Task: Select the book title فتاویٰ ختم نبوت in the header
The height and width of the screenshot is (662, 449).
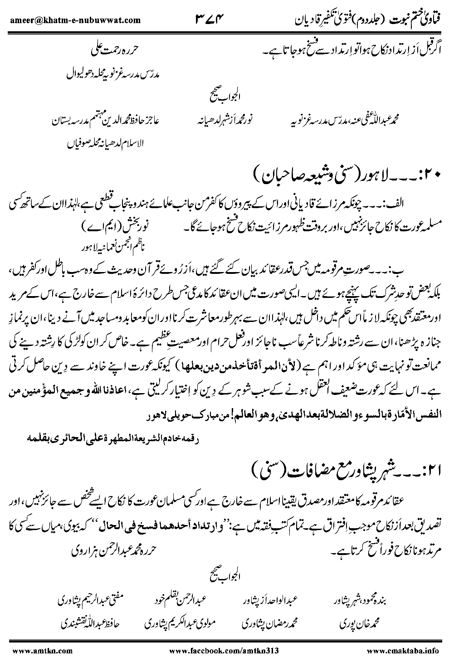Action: tap(410, 20)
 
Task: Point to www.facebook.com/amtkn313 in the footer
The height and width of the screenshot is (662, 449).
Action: tap(223, 650)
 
